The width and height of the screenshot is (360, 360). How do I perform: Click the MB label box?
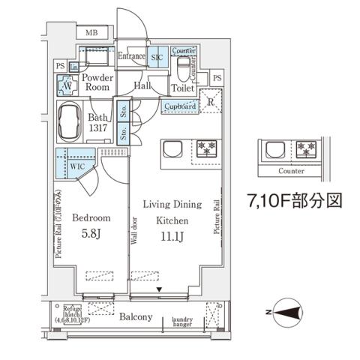click(x=91, y=33)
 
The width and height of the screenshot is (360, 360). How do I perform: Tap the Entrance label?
click(x=132, y=56)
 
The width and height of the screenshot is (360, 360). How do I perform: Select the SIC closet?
click(x=157, y=57)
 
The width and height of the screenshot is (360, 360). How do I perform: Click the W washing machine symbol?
click(x=67, y=86)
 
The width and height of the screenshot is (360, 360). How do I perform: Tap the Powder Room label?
click(x=97, y=82)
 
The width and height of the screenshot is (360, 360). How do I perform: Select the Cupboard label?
click(x=180, y=107)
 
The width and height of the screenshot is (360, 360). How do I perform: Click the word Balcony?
click(x=135, y=317)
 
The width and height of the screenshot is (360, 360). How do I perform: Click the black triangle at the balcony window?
click(x=159, y=289)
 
